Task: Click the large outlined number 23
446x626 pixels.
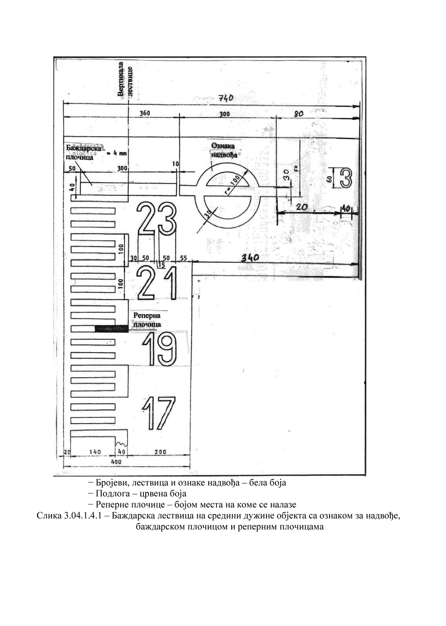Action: pyautogui.click(x=157, y=218)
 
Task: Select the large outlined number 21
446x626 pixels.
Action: pyautogui.click(x=157, y=283)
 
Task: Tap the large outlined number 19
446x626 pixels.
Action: pyautogui.click(x=161, y=349)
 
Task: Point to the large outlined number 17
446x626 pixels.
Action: pyautogui.click(x=159, y=413)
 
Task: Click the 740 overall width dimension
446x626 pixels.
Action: pyautogui.click(x=225, y=98)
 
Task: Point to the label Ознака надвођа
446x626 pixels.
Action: pyautogui.click(x=223, y=150)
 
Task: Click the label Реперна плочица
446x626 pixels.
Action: pyautogui.click(x=147, y=320)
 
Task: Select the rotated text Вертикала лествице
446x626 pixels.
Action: pyautogui.click(x=125, y=79)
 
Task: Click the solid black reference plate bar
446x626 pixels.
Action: pyautogui.click(x=111, y=329)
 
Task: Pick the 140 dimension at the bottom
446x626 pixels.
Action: pyautogui.click(x=95, y=452)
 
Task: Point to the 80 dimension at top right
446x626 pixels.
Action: pyautogui.click(x=299, y=114)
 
